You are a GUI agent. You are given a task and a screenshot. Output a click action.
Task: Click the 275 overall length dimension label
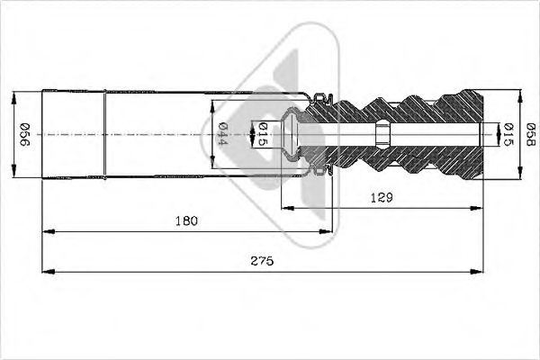262,261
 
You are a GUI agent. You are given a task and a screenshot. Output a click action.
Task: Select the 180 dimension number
186,220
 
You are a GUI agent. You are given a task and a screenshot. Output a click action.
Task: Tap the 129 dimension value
382,195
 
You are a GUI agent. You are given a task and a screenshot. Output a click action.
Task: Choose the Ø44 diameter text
222,135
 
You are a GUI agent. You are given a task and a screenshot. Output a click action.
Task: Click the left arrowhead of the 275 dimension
48,272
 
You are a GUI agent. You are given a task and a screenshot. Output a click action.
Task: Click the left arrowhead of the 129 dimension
286,205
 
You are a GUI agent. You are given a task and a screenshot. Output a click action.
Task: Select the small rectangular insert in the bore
382,135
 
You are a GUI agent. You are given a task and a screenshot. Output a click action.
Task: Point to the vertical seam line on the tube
105,135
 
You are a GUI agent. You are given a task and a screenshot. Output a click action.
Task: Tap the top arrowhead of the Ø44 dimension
213,103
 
